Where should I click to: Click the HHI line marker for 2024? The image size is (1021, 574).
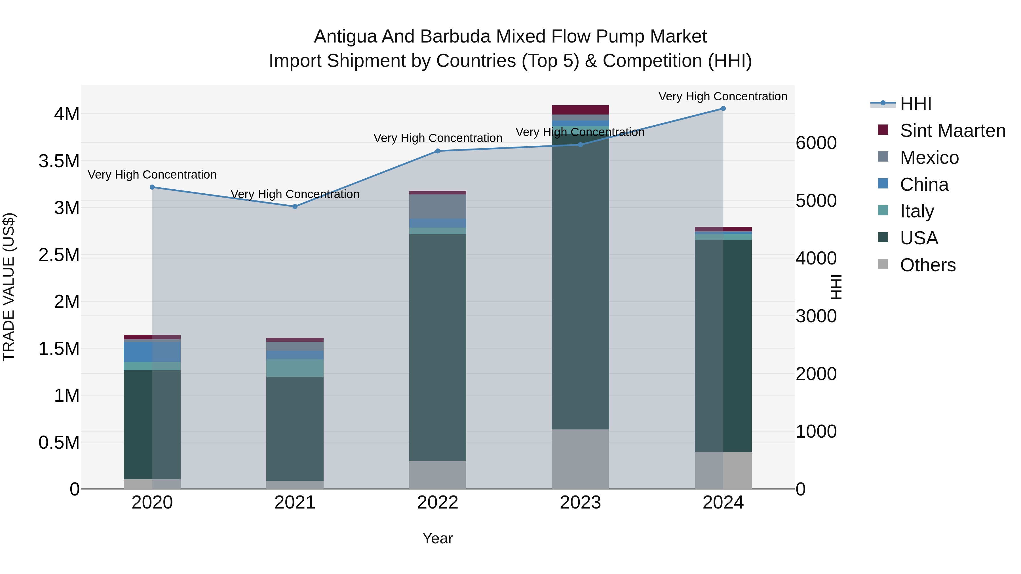coord(723,108)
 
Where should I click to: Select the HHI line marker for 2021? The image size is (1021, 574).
coord(295,206)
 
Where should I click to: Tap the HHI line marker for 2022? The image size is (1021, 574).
coord(438,151)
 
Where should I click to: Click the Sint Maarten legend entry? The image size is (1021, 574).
coord(952,131)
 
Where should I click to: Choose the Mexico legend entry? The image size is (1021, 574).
coord(929,158)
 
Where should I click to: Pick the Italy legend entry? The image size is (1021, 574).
coord(917,211)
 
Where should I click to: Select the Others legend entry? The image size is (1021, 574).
coord(927,265)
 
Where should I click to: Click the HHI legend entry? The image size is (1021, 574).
coord(915,104)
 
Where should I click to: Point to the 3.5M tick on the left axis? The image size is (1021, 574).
coord(59,161)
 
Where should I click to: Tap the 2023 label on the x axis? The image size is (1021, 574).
coord(580,503)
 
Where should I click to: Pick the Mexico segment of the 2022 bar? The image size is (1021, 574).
coord(438,206)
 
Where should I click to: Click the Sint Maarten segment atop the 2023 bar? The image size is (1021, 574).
coord(580,110)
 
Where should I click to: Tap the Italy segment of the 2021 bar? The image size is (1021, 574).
coord(295,368)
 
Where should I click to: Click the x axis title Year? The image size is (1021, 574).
coord(438,538)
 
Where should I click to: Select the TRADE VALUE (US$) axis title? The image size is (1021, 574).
coord(9,287)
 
